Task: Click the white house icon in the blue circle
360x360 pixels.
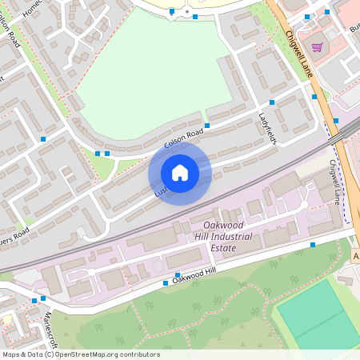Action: click(x=180, y=172)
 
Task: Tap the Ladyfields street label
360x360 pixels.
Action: click(x=267, y=128)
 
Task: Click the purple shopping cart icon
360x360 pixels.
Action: click(x=317, y=46)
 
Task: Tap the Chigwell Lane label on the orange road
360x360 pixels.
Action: click(x=298, y=54)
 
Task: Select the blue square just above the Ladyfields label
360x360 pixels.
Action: click(x=272, y=102)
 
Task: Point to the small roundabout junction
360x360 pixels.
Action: click(x=186, y=12)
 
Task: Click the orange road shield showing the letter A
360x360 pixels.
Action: click(x=356, y=256)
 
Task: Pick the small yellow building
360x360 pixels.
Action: click(x=6, y=319)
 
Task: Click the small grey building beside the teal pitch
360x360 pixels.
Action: click(x=346, y=281)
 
